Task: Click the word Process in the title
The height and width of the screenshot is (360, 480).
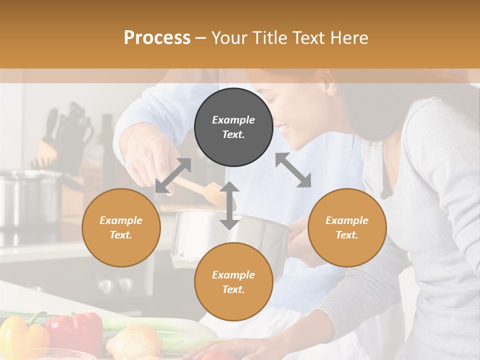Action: [x=157, y=38]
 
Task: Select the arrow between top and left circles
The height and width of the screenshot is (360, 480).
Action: [x=173, y=175]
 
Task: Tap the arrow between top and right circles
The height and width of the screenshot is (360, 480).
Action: [x=293, y=170]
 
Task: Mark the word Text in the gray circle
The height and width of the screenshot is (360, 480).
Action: [x=233, y=134]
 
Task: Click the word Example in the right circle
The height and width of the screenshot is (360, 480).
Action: [x=347, y=220]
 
